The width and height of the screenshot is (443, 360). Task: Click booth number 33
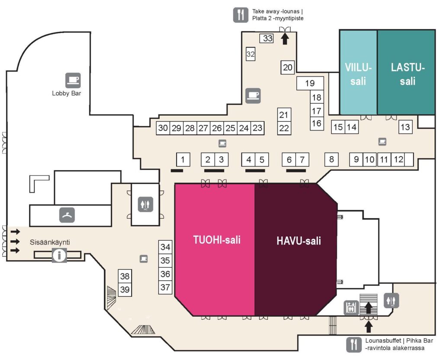point(266,38)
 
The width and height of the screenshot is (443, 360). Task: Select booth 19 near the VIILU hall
point(310,83)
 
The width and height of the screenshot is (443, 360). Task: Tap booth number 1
point(183,159)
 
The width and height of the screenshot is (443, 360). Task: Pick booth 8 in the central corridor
point(331,159)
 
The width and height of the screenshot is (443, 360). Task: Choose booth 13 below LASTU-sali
point(405,127)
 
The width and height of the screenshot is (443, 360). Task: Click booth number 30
point(163,128)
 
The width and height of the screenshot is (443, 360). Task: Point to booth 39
point(125,290)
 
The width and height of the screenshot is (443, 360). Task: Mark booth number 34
point(165,247)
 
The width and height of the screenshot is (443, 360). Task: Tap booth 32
point(250,54)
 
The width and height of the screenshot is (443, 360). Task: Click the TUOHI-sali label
point(217,240)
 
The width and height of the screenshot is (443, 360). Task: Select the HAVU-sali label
point(299,241)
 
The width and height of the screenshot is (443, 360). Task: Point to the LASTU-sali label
point(408,74)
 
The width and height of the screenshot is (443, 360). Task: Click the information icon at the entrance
point(59,255)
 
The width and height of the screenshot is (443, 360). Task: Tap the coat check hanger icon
point(67,215)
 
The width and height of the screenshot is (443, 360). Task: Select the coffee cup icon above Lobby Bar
point(73,80)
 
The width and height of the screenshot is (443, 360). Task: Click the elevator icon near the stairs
point(351,308)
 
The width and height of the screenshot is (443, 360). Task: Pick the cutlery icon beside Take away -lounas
point(241,15)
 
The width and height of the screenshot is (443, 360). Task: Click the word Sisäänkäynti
point(50,242)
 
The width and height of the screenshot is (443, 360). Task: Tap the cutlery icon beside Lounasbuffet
point(354,345)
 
